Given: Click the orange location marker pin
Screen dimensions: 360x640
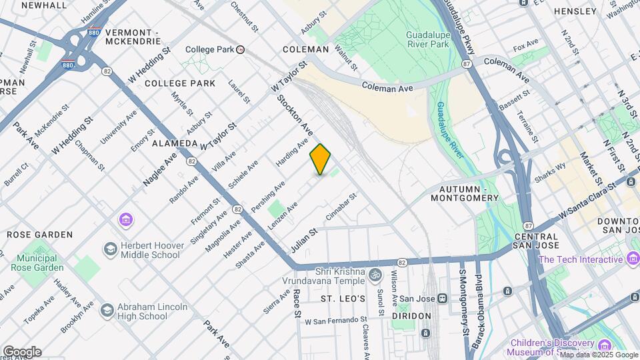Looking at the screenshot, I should (321, 159).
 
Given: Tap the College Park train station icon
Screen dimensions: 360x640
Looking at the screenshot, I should (241, 49).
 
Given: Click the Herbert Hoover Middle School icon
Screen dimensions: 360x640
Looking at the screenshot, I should (109, 249).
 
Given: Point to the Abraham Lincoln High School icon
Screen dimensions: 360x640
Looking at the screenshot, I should (107, 311).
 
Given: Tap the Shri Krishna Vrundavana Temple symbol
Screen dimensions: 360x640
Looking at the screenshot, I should (375, 275).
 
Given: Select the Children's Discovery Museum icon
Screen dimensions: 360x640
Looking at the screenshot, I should (605, 345).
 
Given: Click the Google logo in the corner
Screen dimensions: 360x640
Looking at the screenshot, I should (21, 351).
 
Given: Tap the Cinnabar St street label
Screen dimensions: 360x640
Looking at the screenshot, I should (342, 207).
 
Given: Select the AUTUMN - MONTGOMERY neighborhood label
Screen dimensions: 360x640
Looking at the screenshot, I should (464, 193).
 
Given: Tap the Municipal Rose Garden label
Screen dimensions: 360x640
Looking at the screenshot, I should (37, 262).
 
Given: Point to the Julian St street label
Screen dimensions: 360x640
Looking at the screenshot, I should (302, 241).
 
